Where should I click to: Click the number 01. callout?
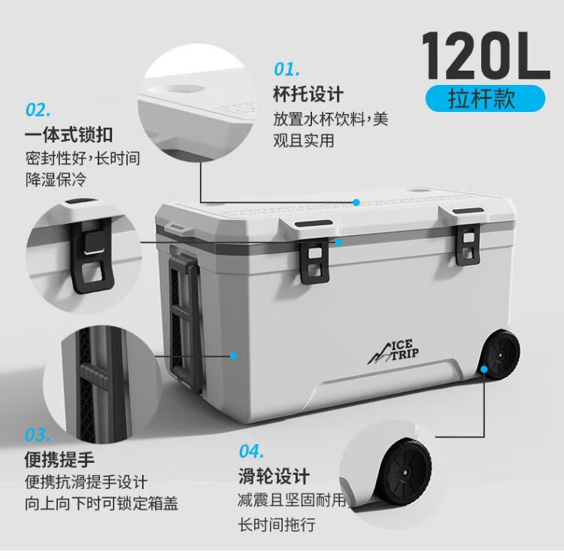point(287,70)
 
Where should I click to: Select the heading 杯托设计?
point(308,94)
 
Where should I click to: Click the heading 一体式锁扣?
point(69,134)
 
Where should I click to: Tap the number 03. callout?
point(38,434)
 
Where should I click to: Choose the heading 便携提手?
point(59,458)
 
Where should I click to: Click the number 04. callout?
point(252,451)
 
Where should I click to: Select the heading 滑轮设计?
point(274,476)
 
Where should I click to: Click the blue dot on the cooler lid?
point(356,202)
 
